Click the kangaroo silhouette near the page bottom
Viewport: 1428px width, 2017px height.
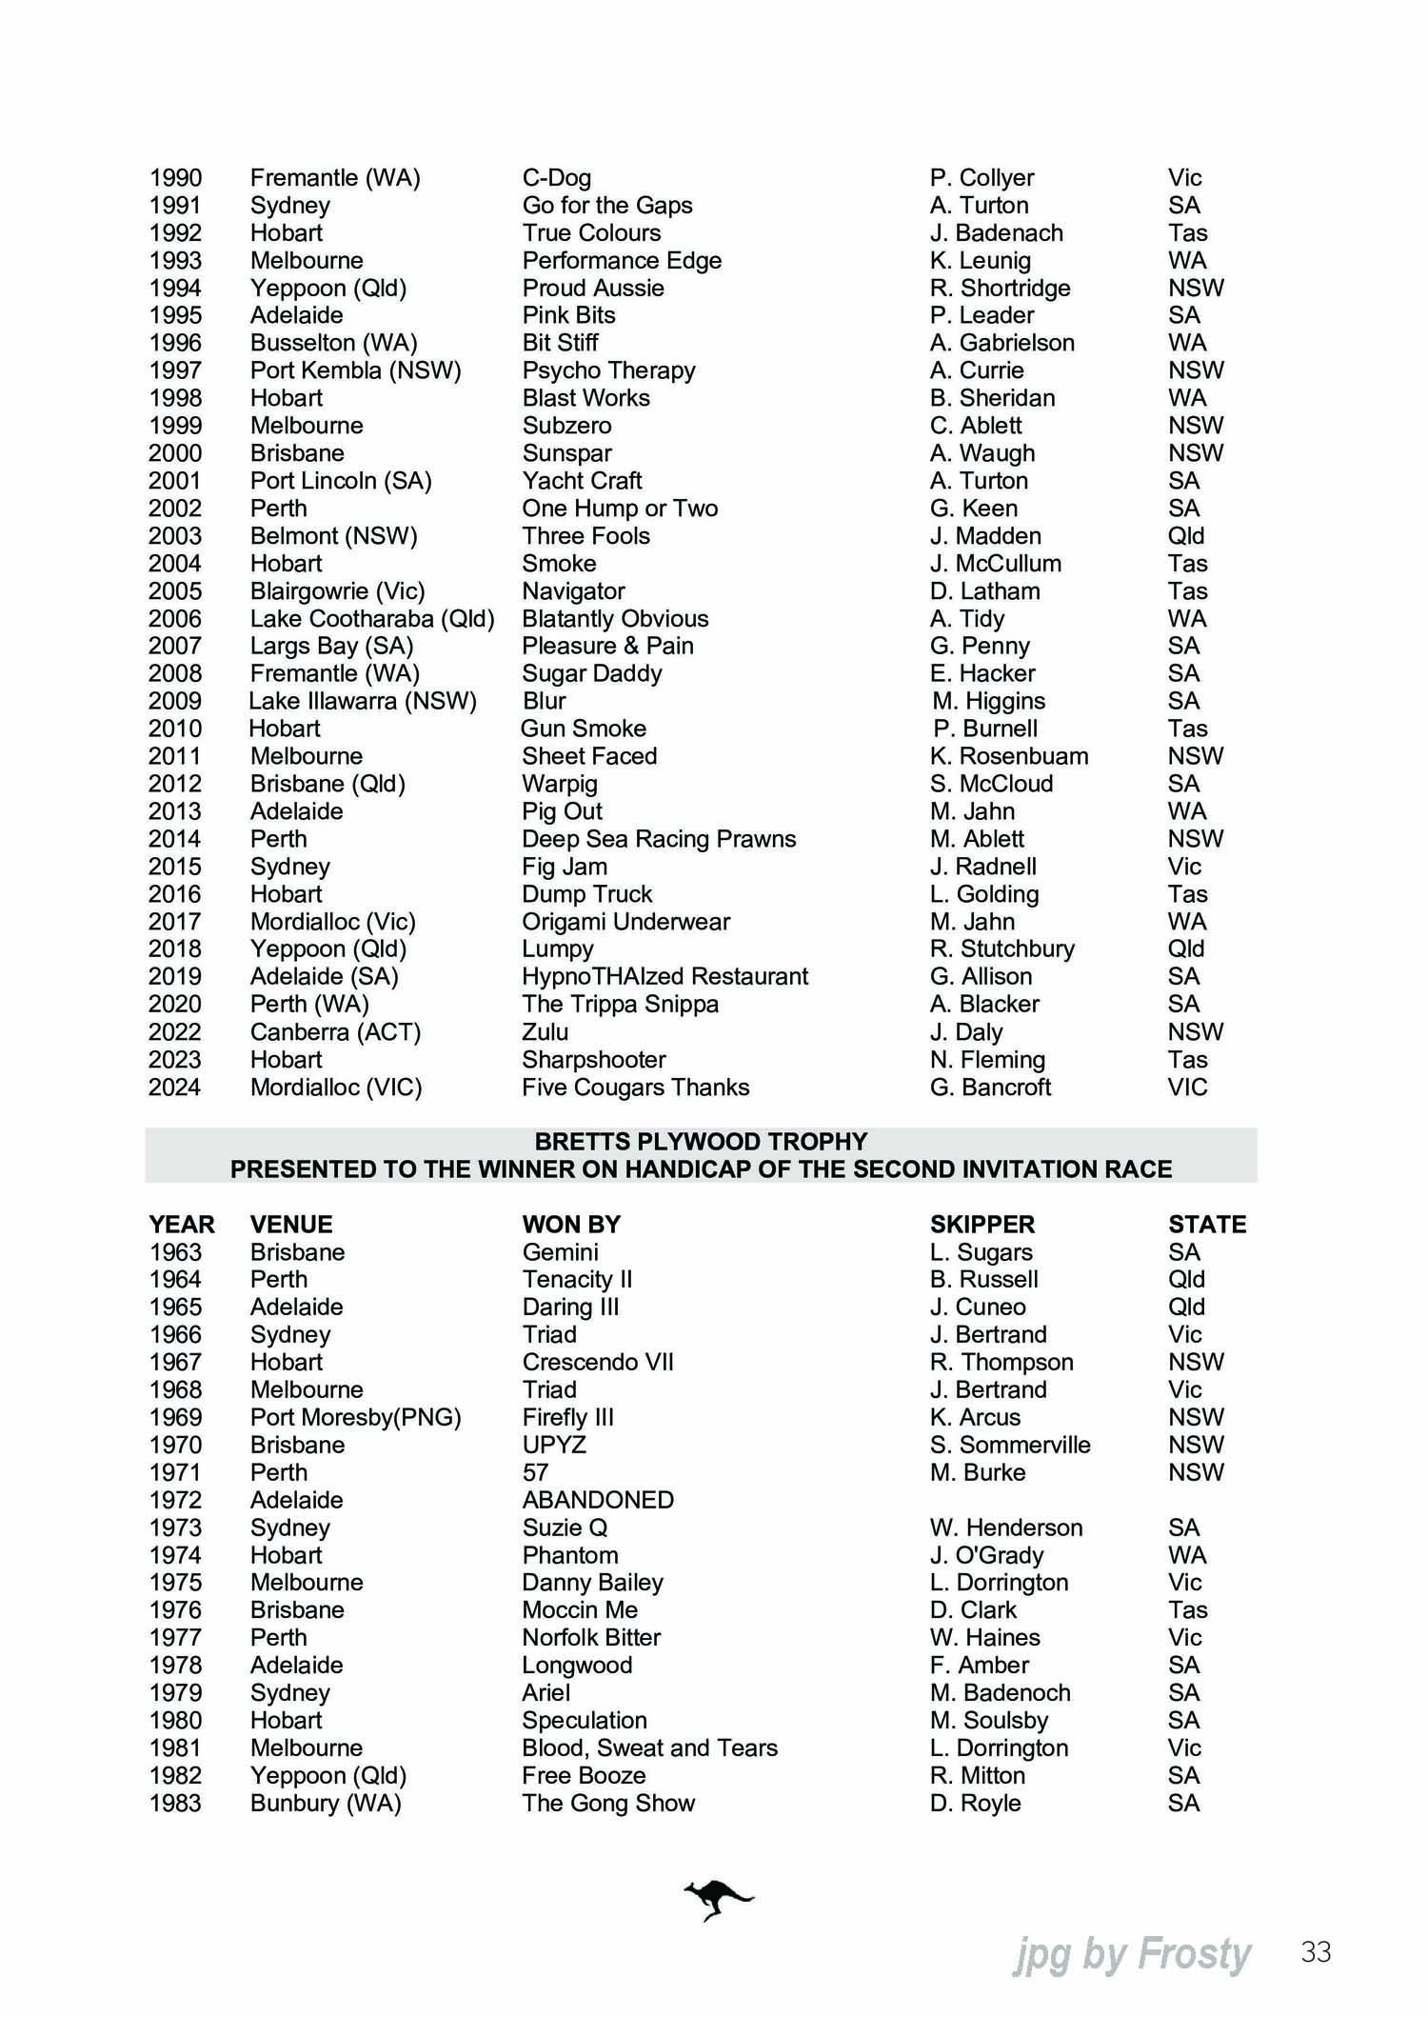coord(718,1900)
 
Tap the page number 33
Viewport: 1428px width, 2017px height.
coord(1316,1952)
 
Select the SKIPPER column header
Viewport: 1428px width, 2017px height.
coord(982,1225)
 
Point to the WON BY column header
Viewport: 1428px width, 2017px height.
coord(571,1225)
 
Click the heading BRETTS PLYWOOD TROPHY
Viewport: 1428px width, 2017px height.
coord(701,1142)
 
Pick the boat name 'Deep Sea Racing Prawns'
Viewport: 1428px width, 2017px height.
coord(659,839)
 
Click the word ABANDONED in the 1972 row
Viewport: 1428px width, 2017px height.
coord(598,1500)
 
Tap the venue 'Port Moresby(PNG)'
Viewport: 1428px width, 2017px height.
coord(355,1417)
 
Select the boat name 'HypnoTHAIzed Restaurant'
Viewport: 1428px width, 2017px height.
coord(664,976)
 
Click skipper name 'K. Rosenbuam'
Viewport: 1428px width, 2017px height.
coord(1009,756)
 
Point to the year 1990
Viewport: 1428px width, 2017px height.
coord(176,178)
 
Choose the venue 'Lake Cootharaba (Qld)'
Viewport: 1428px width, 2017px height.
coord(372,619)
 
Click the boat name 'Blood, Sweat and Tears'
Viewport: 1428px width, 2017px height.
coord(649,1747)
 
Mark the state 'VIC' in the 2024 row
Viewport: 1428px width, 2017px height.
coord(1187,1088)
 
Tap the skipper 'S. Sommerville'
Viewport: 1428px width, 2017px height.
coord(1010,1445)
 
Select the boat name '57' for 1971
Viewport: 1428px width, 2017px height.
coord(535,1472)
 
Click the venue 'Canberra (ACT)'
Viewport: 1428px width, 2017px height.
coord(335,1032)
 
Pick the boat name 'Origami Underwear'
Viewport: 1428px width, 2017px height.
coord(625,922)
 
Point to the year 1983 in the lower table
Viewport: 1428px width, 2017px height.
coord(176,1803)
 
